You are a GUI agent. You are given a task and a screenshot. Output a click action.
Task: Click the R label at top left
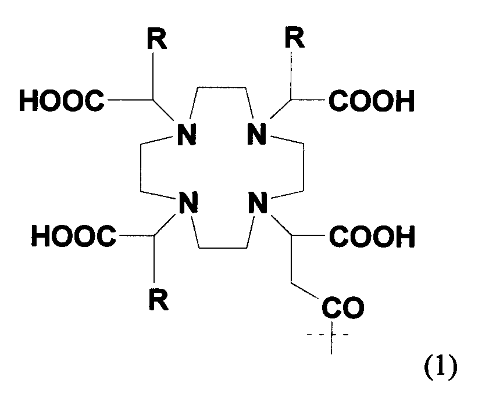tap(157, 38)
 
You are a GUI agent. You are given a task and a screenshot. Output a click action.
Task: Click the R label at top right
tap(295, 37)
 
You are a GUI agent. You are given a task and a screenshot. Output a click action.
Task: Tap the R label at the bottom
tap(159, 299)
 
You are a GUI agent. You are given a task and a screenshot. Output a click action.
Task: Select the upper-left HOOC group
tap(62, 101)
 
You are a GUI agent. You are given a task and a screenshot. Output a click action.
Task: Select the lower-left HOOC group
tap(74, 235)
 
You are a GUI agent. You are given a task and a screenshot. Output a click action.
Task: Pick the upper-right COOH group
tap(372, 101)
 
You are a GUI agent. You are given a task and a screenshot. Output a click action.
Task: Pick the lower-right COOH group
tap(372, 237)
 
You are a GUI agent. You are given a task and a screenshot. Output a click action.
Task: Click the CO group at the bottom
tap(342, 307)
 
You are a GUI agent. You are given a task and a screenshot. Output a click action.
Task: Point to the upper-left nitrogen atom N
tap(187, 134)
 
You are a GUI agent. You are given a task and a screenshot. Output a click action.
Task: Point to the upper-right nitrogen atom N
tap(256, 134)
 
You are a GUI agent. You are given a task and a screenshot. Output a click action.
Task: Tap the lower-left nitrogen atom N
tap(188, 203)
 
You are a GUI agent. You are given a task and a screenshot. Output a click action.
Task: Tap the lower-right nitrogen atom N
tap(258, 203)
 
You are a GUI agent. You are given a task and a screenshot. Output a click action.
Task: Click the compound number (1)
tap(441, 367)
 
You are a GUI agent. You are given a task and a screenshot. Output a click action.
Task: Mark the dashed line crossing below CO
tap(327, 335)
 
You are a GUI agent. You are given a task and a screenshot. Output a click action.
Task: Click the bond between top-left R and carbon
tap(153, 76)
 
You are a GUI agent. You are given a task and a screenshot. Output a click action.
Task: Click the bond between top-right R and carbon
tap(291, 76)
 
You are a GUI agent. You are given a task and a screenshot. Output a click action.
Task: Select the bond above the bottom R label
tap(154, 259)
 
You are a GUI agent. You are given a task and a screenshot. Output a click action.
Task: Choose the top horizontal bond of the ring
tap(222, 88)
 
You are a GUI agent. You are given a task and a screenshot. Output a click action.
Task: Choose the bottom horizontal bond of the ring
tap(223, 248)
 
